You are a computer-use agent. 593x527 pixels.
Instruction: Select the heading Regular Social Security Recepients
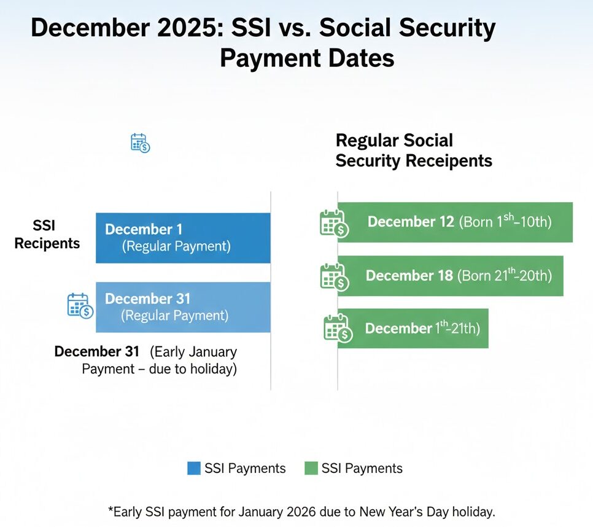[x=413, y=150]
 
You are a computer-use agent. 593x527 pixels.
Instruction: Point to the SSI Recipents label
[x=47, y=235]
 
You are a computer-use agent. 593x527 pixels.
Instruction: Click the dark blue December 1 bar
[x=183, y=238]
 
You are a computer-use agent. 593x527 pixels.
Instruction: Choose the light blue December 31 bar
[x=183, y=307]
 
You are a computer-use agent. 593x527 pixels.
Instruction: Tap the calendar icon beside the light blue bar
[x=80, y=305]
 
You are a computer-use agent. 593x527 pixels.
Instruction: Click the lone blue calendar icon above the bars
[x=140, y=143]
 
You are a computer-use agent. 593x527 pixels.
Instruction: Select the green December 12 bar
[x=455, y=222]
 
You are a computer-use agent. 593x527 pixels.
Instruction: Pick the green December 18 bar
[x=450, y=275]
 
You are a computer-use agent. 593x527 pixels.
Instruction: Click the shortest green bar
[x=413, y=328]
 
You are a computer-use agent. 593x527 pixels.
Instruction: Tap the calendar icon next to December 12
[x=334, y=223]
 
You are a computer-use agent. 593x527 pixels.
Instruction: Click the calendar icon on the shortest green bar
[x=337, y=329]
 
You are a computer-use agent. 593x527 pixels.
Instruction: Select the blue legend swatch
[x=193, y=469]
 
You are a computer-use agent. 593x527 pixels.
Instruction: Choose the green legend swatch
[x=311, y=469]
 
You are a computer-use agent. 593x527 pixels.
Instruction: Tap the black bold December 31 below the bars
[x=97, y=352]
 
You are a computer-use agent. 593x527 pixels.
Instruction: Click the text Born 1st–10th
[x=505, y=222]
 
